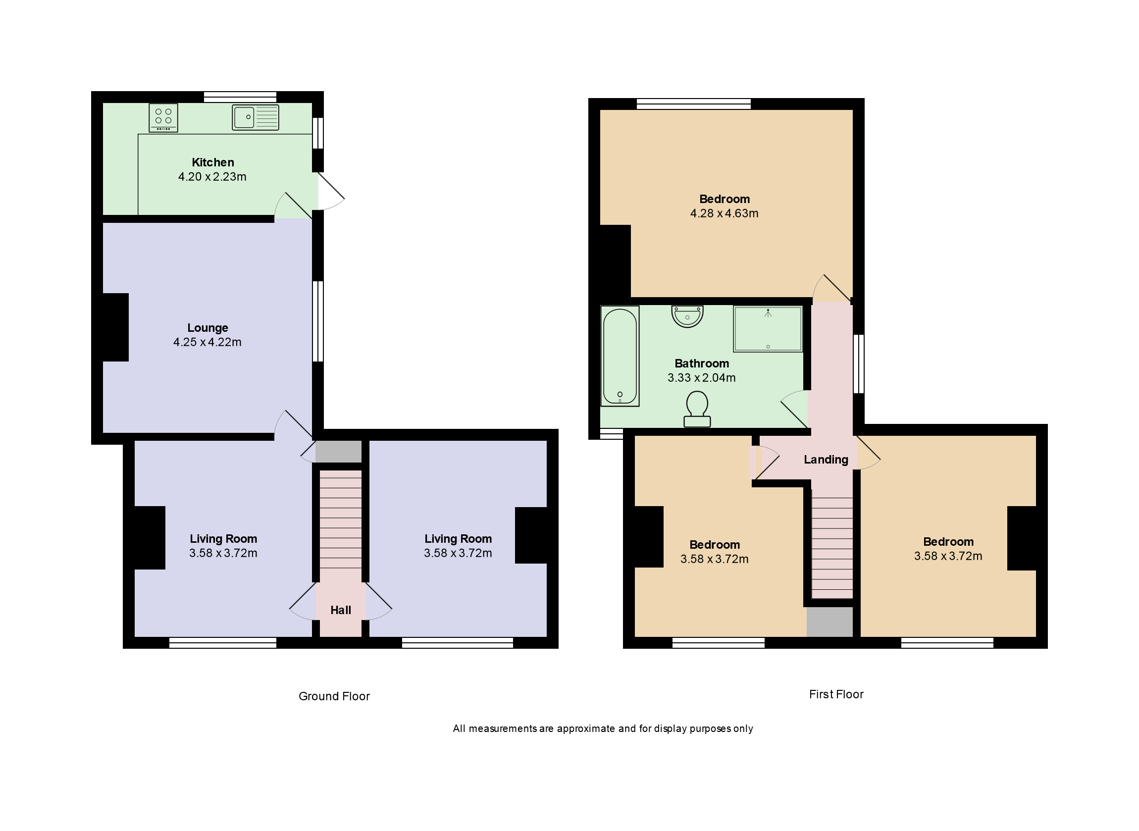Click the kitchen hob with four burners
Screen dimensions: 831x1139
pos(163,118)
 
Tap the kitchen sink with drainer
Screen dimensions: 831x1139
pos(256,117)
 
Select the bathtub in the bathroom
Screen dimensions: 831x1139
pos(620,356)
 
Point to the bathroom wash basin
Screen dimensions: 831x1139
pos(687,316)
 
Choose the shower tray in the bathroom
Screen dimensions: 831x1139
pos(768,329)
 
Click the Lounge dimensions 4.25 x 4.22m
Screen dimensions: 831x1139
pos(207,342)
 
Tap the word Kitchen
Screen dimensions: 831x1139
pos(213,162)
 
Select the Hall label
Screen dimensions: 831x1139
pos(340,610)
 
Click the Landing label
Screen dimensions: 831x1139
pos(826,459)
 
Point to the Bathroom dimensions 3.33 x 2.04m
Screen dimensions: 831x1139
pos(702,378)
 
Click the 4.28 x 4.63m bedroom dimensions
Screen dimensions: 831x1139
pos(724,213)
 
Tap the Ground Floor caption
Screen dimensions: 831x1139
pos(334,696)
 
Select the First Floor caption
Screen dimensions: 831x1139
pos(836,694)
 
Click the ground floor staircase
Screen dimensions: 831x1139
pos(340,518)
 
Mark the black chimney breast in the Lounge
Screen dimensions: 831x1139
pos(115,327)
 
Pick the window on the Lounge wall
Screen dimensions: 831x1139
pos(318,321)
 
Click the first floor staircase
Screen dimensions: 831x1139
pos(832,546)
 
